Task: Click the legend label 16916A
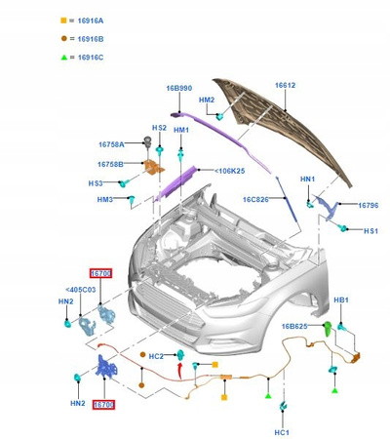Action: click(90, 20)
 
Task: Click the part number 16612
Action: click(285, 85)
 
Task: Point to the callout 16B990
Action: click(179, 88)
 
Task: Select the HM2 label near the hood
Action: click(207, 100)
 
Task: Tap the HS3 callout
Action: click(96, 182)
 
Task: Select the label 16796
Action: click(369, 205)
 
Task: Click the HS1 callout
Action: click(370, 230)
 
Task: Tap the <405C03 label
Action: click(81, 290)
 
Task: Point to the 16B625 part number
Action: click(296, 327)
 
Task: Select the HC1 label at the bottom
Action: click(283, 431)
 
